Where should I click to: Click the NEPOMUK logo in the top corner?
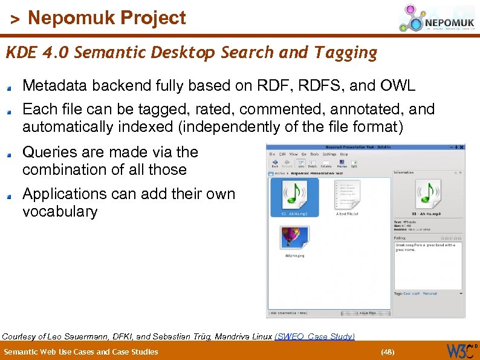tap(435, 18)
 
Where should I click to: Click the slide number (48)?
tap(387, 352)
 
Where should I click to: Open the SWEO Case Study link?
tap(314, 336)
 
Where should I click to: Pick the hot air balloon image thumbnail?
tap(293, 237)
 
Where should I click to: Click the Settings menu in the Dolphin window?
tap(329, 154)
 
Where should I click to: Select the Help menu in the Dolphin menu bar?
tap(344, 154)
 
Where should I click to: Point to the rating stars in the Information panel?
tap(450, 238)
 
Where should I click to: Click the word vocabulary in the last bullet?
tap(59, 212)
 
